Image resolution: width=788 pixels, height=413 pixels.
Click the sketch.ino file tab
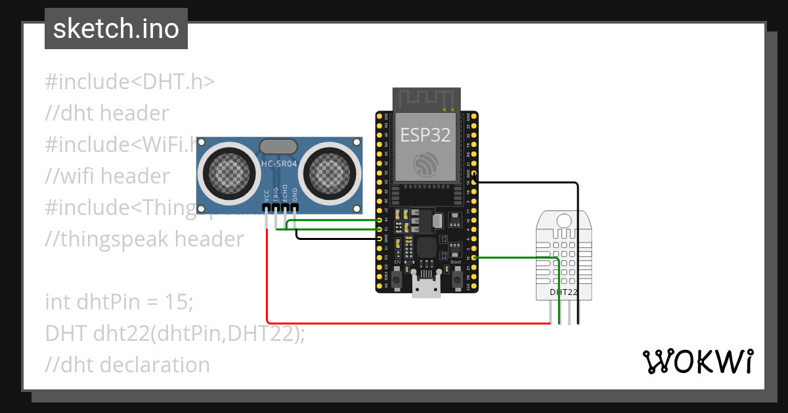coord(116,29)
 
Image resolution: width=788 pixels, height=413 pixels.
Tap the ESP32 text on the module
coord(426,134)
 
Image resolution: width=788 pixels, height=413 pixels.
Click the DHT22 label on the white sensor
coord(563,292)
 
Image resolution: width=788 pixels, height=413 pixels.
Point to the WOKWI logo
coord(697,362)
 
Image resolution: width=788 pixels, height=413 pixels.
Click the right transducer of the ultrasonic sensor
coord(330,172)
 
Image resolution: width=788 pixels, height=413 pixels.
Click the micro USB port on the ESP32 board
coord(426,288)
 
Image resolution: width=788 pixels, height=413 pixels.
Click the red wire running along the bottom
coord(407,323)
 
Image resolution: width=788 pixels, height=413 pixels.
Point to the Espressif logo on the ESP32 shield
coord(426,165)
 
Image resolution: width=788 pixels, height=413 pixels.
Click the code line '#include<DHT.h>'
coord(130,82)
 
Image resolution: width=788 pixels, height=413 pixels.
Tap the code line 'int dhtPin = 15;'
coord(120,302)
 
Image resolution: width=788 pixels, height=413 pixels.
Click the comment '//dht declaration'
coord(127,364)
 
